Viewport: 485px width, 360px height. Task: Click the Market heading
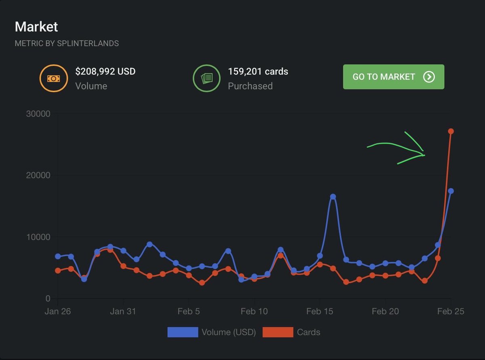[x=36, y=27]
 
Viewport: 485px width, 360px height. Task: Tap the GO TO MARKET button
[x=393, y=77]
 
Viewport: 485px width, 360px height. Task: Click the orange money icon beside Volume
[x=53, y=78]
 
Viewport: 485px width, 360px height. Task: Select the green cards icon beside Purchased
[x=206, y=78]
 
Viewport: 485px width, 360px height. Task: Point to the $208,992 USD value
[x=105, y=72]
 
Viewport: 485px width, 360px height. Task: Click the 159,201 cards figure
[x=258, y=72]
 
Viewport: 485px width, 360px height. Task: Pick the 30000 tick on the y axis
[x=38, y=114]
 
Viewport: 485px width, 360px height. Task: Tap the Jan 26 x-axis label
[x=57, y=311]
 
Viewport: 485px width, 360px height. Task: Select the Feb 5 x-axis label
[x=188, y=311]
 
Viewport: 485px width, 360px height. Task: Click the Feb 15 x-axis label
[x=319, y=311]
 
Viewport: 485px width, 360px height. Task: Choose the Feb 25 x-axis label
[x=451, y=311]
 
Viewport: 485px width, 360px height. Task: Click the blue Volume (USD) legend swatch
[x=183, y=332]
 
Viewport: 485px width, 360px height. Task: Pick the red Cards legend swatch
[x=278, y=332]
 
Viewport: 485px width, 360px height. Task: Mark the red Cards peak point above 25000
[x=451, y=131]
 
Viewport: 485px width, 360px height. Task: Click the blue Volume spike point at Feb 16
[x=333, y=197]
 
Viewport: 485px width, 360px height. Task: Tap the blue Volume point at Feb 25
[x=451, y=191]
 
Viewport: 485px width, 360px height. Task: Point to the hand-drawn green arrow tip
[x=424, y=155]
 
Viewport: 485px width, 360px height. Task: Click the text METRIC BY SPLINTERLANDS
[x=67, y=43]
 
